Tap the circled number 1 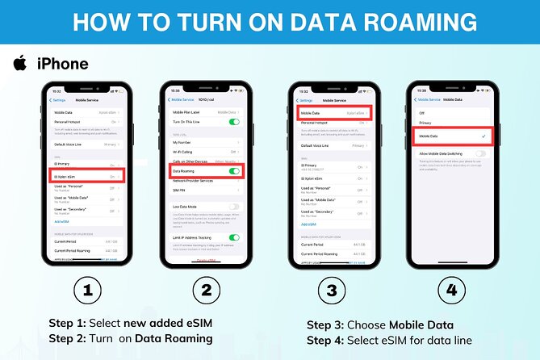click(x=87, y=289)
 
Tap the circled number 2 click(x=206, y=289)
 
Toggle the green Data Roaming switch click(x=235, y=171)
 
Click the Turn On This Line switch click(x=235, y=121)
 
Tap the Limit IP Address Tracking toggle click(x=235, y=237)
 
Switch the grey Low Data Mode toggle click(x=235, y=207)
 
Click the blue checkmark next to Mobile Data click(x=481, y=136)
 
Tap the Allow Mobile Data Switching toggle click(x=481, y=153)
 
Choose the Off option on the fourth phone click(x=421, y=112)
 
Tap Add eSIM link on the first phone click(x=62, y=220)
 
